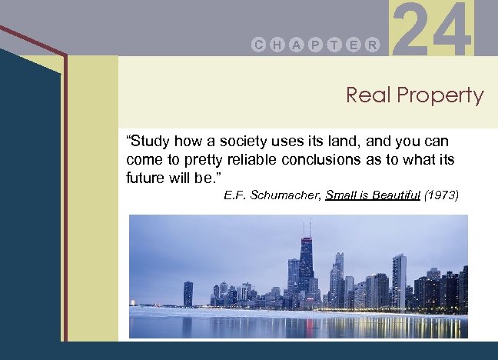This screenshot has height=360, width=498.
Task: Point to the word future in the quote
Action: pos(145,176)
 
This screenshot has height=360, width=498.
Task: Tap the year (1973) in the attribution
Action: pos(443,195)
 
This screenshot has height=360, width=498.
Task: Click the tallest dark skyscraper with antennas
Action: pos(307,265)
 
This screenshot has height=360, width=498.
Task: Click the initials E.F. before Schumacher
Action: pos(234,195)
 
